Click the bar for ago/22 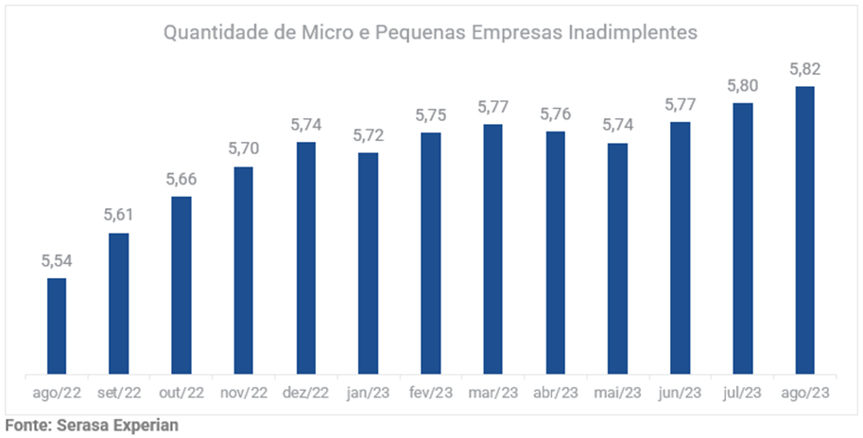tap(57, 325)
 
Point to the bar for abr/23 tap(555, 253)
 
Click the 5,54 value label tap(57, 260)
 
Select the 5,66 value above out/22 tap(181, 179)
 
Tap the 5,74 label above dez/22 tap(306, 124)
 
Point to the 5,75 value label tap(431, 114)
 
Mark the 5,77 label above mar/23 tap(492, 106)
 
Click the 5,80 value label tap(743, 85)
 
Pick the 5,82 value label tap(805, 68)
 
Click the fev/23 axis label tap(431, 392)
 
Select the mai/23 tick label tap(618, 392)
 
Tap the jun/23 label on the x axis tap(681, 392)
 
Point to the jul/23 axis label tap(743, 392)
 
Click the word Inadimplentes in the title tap(632, 32)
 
